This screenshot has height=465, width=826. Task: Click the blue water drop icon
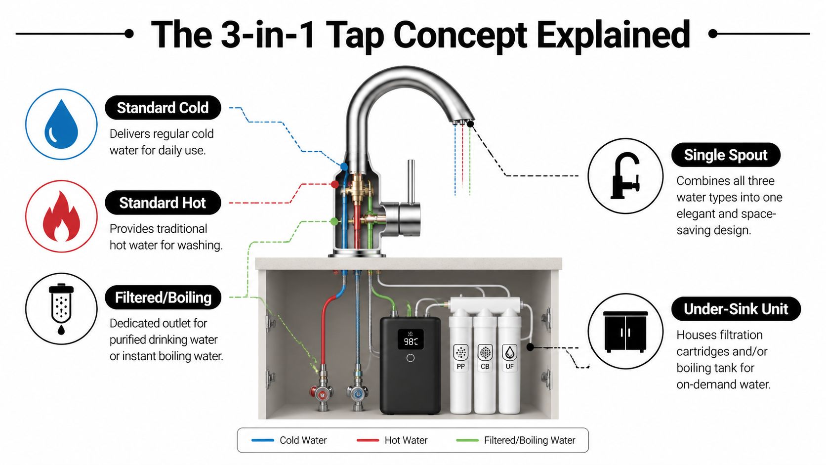click(61, 125)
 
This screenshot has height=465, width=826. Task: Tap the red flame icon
click(61, 216)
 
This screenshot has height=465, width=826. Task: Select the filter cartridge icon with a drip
click(61, 309)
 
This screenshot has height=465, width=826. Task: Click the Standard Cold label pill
click(163, 108)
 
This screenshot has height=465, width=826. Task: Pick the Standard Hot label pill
click(163, 203)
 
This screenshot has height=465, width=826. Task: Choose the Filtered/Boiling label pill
click(163, 297)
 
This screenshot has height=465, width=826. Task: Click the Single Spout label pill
click(725, 155)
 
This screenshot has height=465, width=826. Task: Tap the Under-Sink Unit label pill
click(736, 309)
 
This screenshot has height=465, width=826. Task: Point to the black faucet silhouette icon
click(625, 176)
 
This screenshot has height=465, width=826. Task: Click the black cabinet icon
click(625, 332)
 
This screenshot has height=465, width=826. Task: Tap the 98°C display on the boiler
click(411, 341)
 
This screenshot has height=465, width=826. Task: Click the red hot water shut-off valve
click(322, 393)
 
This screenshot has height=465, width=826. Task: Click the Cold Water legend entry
click(289, 440)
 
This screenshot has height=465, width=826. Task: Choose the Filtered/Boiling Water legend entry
click(516, 440)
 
